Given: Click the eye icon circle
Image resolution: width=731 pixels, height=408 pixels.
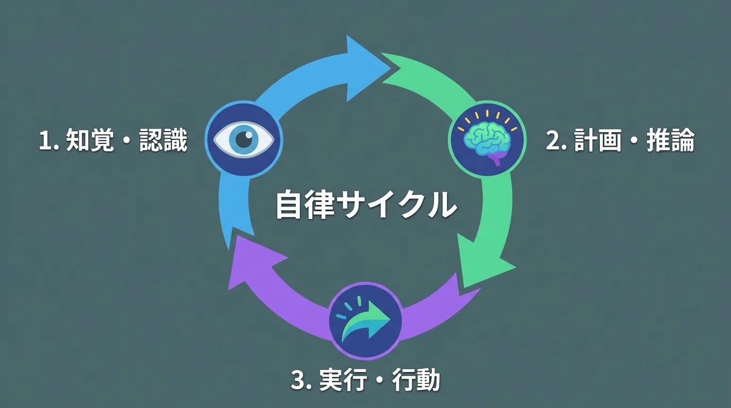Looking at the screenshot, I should coord(244,139).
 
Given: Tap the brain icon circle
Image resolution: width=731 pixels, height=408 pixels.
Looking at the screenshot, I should coord(487,139).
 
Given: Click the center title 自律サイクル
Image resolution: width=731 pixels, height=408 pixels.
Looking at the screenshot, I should coord(366,205).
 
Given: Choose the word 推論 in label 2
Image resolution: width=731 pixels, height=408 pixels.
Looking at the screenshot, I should coord(670,141).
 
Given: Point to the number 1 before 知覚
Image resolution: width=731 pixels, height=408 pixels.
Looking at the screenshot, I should coord(46,141).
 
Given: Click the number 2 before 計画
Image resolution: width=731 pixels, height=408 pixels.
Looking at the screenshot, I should coord(554,141).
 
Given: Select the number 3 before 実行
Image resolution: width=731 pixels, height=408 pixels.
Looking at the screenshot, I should coord(299,380).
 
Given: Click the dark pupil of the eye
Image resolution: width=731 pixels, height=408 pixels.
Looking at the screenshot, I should coord(244,139).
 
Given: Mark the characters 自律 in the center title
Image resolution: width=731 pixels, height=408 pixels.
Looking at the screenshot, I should coord(305,205).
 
